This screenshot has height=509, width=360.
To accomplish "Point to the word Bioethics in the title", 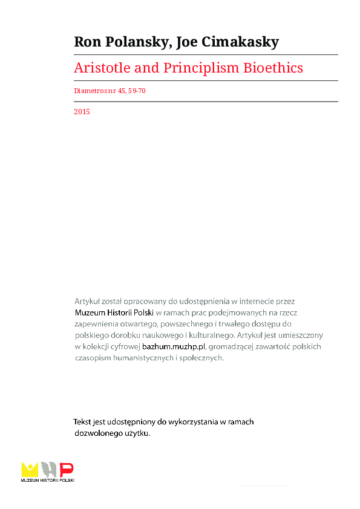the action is tap(272, 68).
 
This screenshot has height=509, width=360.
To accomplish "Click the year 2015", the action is tap(82, 112).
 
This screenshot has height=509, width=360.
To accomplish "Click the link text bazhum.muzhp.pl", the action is tap(174, 346).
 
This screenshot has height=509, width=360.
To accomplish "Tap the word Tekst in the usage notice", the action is tap(83, 422).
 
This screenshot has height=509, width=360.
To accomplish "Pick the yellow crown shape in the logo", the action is tap(30, 468).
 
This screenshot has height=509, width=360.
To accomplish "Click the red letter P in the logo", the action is tap(67, 468).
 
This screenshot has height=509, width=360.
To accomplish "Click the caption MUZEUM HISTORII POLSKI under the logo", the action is tap(47, 480).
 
